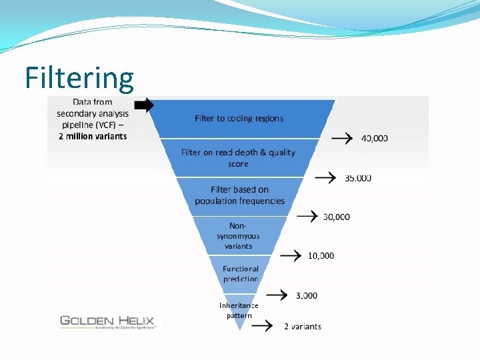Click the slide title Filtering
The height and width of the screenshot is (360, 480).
(79, 77)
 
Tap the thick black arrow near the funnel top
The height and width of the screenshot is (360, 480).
(144, 105)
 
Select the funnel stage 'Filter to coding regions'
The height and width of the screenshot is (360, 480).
(239, 119)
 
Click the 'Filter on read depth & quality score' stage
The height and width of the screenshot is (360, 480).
(238, 158)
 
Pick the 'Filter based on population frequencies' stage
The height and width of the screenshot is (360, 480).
(239, 195)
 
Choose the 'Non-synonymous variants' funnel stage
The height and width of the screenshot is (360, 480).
(238, 236)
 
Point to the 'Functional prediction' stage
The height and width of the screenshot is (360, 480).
(240, 274)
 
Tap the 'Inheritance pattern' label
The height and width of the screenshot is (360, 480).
(239, 310)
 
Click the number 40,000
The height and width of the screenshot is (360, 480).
(375, 139)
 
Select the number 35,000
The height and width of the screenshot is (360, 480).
(358, 178)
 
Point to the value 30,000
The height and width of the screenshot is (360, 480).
(337, 217)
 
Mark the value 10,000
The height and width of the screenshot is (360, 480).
(321, 255)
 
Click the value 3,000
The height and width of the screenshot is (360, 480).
(307, 295)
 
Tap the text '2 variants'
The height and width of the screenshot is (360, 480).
(303, 327)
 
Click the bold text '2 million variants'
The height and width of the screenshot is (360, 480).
(92, 136)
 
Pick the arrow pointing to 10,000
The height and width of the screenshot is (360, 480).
(290, 255)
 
